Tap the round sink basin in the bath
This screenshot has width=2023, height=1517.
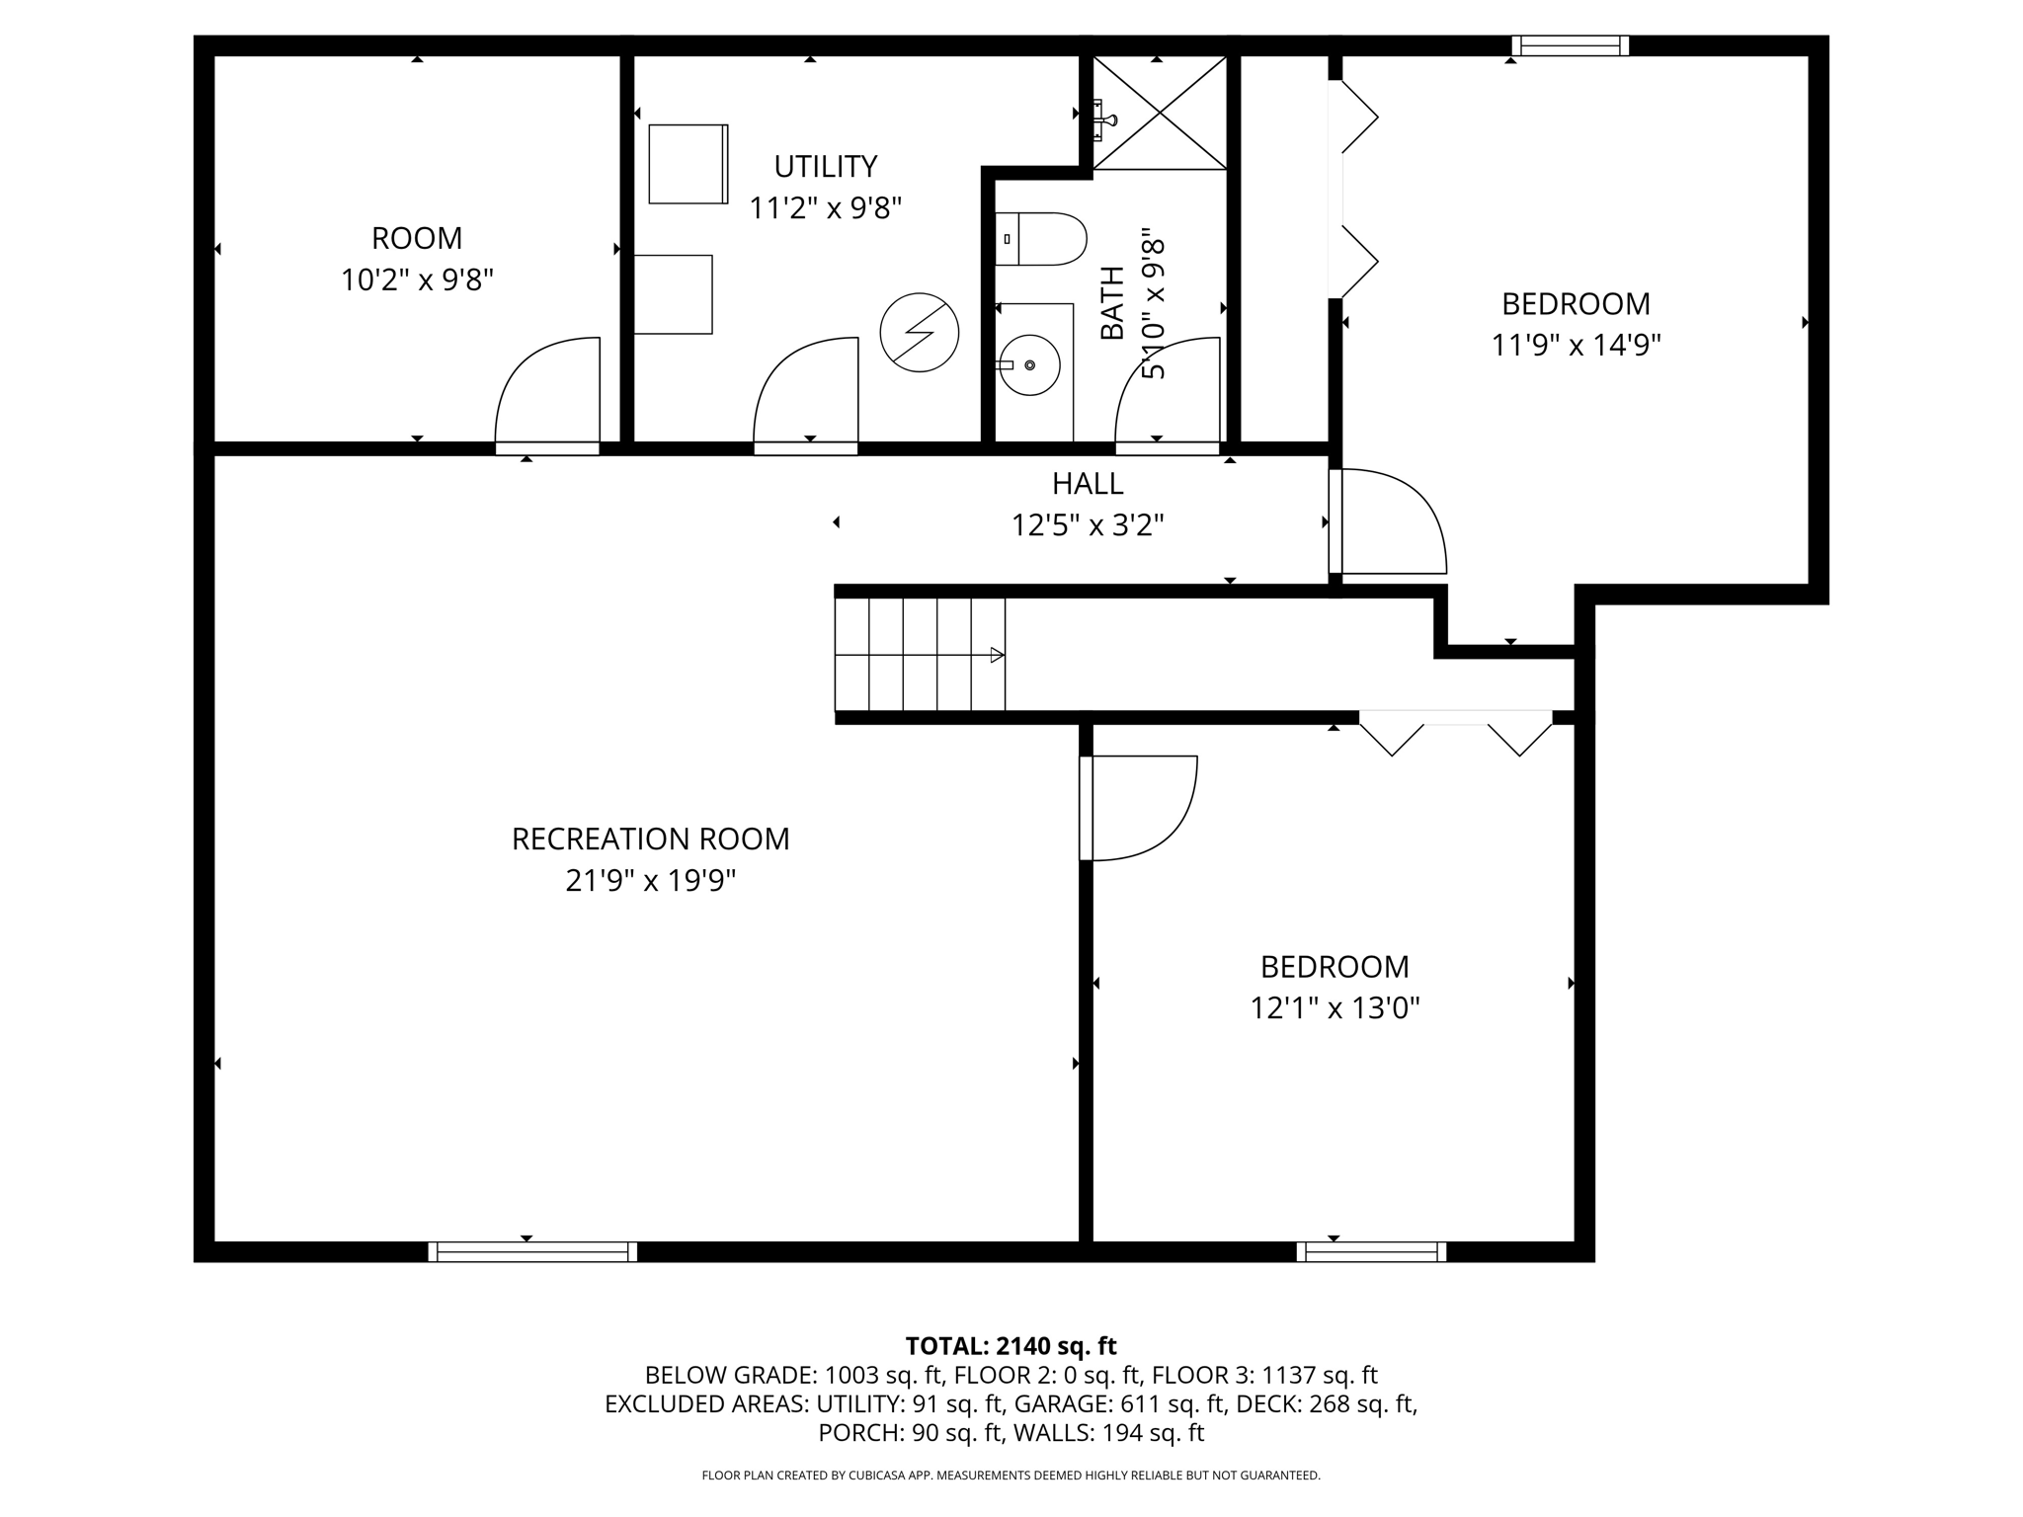click(1029, 365)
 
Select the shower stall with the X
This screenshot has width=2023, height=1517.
click(1160, 113)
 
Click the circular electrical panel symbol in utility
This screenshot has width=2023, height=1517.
click(919, 332)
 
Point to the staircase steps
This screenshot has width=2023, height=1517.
click(920, 654)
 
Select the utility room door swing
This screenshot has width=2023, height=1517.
click(805, 395)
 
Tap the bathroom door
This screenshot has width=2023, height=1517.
click(1167, 395)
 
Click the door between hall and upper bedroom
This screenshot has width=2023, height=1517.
click(1387, 521)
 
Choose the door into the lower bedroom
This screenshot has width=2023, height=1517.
click(1138, 808)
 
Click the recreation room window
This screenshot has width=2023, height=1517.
click(532, 1251)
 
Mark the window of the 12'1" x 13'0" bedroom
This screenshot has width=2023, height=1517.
click(1371, 1251)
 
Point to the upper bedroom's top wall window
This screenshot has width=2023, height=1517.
click(1570, 45)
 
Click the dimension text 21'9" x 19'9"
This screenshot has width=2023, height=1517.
click(650, 880)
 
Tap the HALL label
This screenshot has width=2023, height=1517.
click(1087, 483)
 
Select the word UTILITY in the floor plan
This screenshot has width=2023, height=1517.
click(825, 166)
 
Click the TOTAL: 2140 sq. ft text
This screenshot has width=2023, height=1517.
click(1011, 1345)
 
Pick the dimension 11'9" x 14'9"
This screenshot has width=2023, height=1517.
click(1576, 345)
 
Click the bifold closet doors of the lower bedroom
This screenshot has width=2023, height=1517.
click(1455, 733)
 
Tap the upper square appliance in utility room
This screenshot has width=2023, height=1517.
click(688, 164)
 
